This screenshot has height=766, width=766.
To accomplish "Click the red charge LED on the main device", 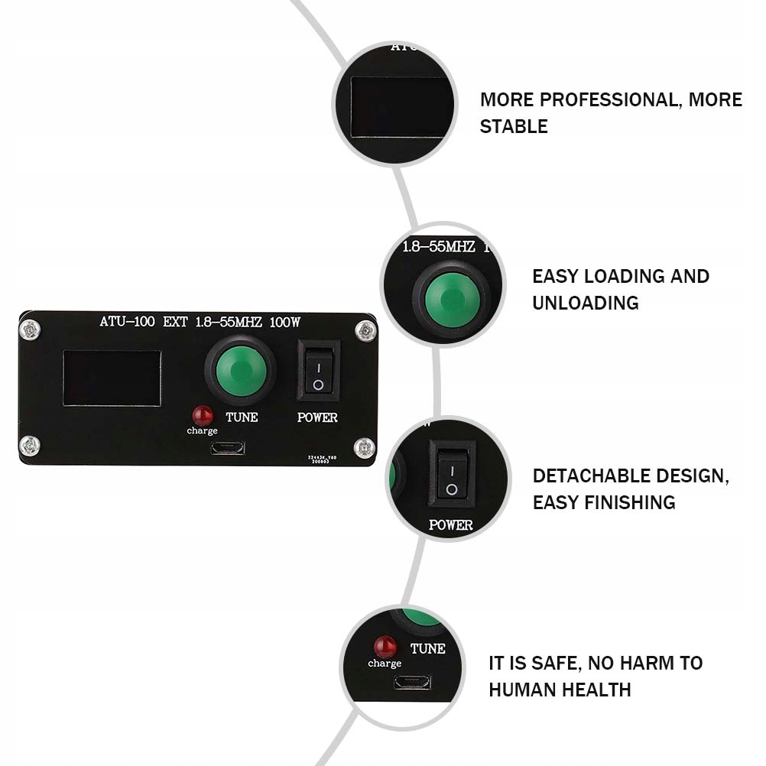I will coord(203,415).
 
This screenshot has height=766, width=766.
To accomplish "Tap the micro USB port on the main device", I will coord(228,448).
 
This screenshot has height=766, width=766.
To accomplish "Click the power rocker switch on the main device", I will coord(318,370).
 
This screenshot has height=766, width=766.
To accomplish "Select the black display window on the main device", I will coord(112,378).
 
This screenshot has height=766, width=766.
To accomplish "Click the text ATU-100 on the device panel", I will coord(128,322).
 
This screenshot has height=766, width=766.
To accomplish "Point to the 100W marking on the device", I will coord(284,322).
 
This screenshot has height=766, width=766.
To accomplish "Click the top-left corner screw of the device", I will coord(30,330).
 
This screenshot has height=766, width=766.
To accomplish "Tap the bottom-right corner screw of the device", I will coord(365,446).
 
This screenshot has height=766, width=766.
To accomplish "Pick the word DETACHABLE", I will coord(590,476).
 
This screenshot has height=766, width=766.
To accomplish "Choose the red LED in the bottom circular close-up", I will coord(385,647).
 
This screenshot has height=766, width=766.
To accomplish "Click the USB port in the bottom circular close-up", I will coord(412,681).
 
